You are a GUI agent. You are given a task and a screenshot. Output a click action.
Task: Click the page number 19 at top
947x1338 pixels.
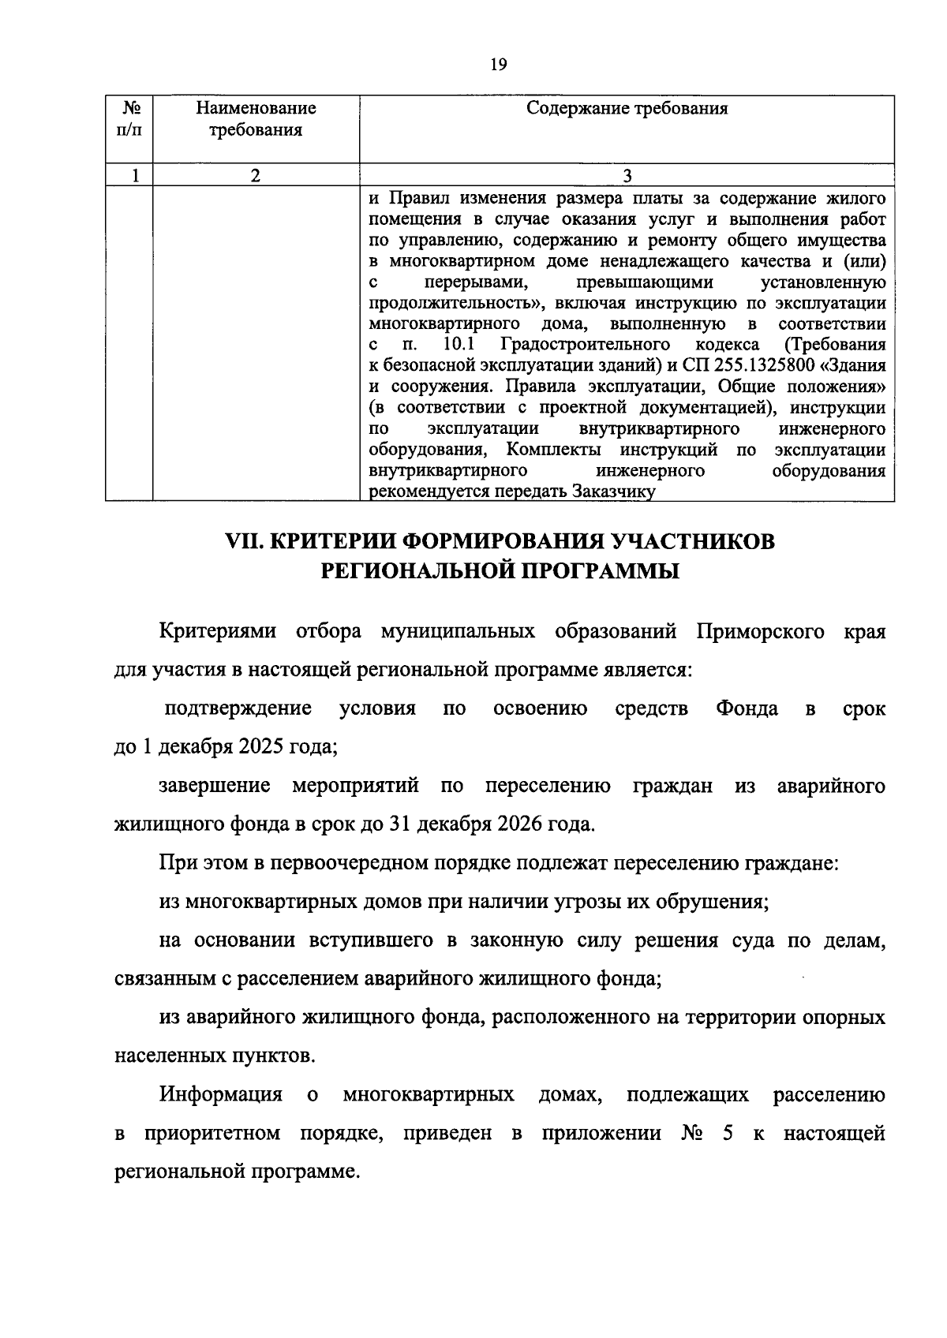tap(497, 65)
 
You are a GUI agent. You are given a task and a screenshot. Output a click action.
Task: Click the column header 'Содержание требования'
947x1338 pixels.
tap(627, 108)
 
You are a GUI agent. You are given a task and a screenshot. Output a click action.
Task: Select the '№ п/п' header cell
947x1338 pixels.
tap(129, 118)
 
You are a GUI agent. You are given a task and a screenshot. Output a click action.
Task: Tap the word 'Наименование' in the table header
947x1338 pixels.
tap(256, 108)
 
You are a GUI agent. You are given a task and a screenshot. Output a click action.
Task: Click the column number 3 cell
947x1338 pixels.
tap(627, 175)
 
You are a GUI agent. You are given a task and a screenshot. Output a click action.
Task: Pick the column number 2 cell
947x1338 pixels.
tap(256, 175)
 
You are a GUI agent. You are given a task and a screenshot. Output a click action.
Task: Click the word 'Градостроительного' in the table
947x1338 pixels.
tap(585, 345)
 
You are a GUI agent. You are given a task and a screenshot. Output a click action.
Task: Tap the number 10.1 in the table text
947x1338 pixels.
tap(458, 345)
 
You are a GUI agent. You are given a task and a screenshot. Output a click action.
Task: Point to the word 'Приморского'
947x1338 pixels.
tap(761, 632)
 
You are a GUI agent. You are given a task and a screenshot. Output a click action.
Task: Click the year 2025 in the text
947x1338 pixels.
tap(257, 747)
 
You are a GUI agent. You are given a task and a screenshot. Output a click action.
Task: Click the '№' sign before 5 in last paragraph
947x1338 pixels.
tap(692, 1134)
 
